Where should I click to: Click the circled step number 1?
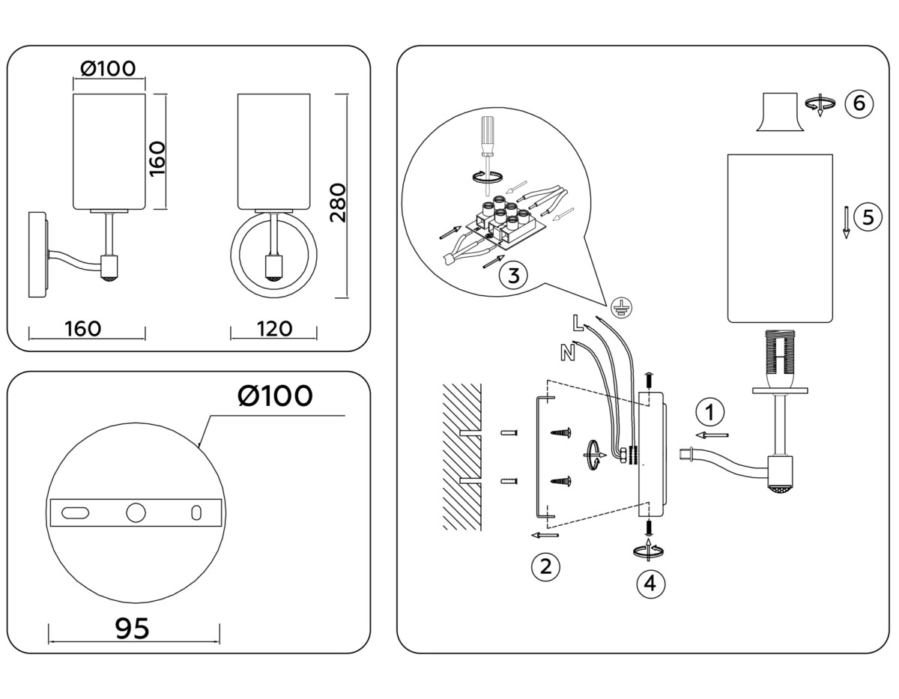pyautogui.click(x=709, y=411)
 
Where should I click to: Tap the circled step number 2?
pyautogui.click(x=545, y=566)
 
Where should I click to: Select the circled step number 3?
pyautogui.click(x=512, y=275)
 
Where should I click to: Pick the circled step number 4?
pyautogui.click(x=650, y=582)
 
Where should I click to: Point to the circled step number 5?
pyautogui.click(x=868, y=217)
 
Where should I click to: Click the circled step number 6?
pyautogui.click(x=859, y=103)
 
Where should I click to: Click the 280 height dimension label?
pyautogui.click(x=338, y=202)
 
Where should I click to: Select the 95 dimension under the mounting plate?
pyautogui.click(x=133, y=628)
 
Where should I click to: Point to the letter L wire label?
pyautogui.click(x=576, y=323)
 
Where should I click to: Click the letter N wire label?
pyautogui.click(x=567, y=351)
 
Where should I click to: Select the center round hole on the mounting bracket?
pyautogui.click(x=136, y=512)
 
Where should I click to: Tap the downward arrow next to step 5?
pyautogui.click(x=846, y=222)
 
